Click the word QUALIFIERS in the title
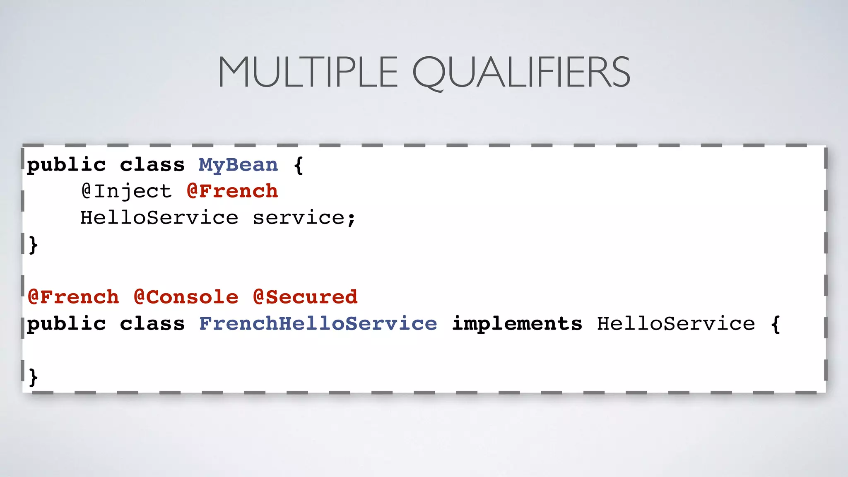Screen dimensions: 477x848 (521, 73)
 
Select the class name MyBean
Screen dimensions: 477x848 (238, 165)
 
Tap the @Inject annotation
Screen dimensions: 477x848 (126, 191)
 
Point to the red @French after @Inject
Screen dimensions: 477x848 (232, 191)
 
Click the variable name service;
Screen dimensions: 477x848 (304, 218)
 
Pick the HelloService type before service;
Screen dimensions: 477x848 (159, 218)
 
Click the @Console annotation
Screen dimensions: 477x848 (186, 297)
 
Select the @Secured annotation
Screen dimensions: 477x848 (305, 297)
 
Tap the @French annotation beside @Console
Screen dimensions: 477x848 (73, 297)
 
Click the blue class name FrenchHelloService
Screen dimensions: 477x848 (318, 324)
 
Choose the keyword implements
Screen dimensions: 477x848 (517, 324)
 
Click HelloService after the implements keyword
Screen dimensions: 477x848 (676, 324)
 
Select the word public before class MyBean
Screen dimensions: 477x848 (66, 165)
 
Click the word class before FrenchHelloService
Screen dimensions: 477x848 (152, 324)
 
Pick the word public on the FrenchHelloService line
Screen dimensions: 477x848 (66, 324)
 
